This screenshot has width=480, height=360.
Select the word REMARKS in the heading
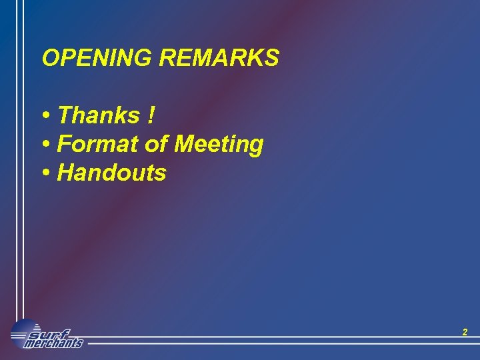(219, 59)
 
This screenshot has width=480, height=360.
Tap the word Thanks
(99, 115)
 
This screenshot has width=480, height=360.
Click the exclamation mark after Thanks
(152, 115)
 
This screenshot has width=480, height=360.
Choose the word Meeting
(219, 145)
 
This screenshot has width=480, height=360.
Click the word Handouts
(112, 173)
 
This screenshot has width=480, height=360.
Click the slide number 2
(465, 332)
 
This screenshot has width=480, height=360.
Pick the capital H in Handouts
(65, 173)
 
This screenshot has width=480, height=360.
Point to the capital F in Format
(65, 144)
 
